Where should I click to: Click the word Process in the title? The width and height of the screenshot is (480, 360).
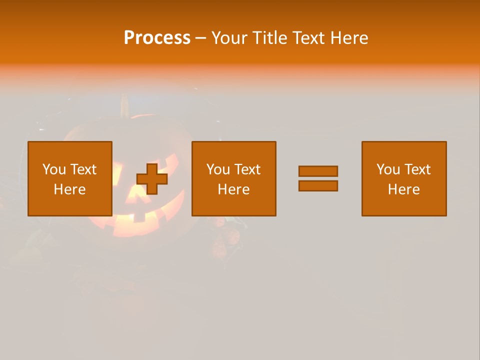click(x=157, y=38)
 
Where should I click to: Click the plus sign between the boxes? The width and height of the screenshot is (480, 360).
click(x=152, y=178)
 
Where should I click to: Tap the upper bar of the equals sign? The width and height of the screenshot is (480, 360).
click(x=318, y=171)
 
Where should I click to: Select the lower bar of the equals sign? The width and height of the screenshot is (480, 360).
click(x=318, y=186)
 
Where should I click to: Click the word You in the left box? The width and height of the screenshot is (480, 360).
click(x=54, y=169)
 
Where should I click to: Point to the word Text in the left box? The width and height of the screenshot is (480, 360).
click(x=83, y=169)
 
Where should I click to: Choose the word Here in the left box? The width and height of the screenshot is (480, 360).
click(x=69, y=189)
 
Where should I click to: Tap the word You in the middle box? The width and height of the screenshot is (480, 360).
click(x=218, y=169)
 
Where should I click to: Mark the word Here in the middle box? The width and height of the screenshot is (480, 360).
click(x=233, y=189)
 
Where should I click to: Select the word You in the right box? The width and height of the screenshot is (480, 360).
click(x=388, y=169)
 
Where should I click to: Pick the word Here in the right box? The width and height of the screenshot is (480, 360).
click(x=403, y=189)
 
